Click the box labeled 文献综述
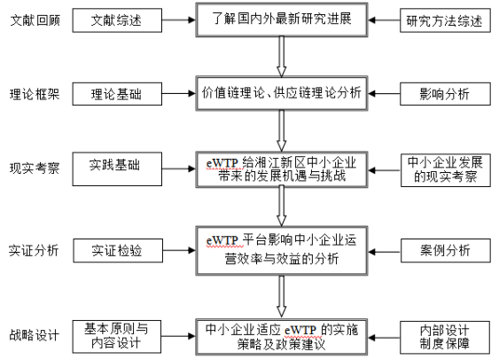click(117, 20)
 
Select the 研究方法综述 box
click(445, 20)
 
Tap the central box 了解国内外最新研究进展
click(282, 20)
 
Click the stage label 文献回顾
click(35, 20)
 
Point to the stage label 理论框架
click(35, 94)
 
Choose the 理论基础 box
click(117, 94)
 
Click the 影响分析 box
click(445, 94)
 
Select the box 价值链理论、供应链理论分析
click(282, 93)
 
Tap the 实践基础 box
click(117, 169)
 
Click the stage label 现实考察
click(35, 168)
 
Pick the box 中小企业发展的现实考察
click(446, 170)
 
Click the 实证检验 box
click(118, 251)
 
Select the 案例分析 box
click(446, 251)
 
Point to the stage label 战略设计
click(35, 335)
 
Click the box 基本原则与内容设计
click(117, 337)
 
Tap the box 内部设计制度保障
click(445, 338)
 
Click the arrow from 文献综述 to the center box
click(178, 20)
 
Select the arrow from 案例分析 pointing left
click(385, 252)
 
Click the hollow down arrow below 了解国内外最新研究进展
click(282, 57)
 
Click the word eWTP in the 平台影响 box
click(222, 240)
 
